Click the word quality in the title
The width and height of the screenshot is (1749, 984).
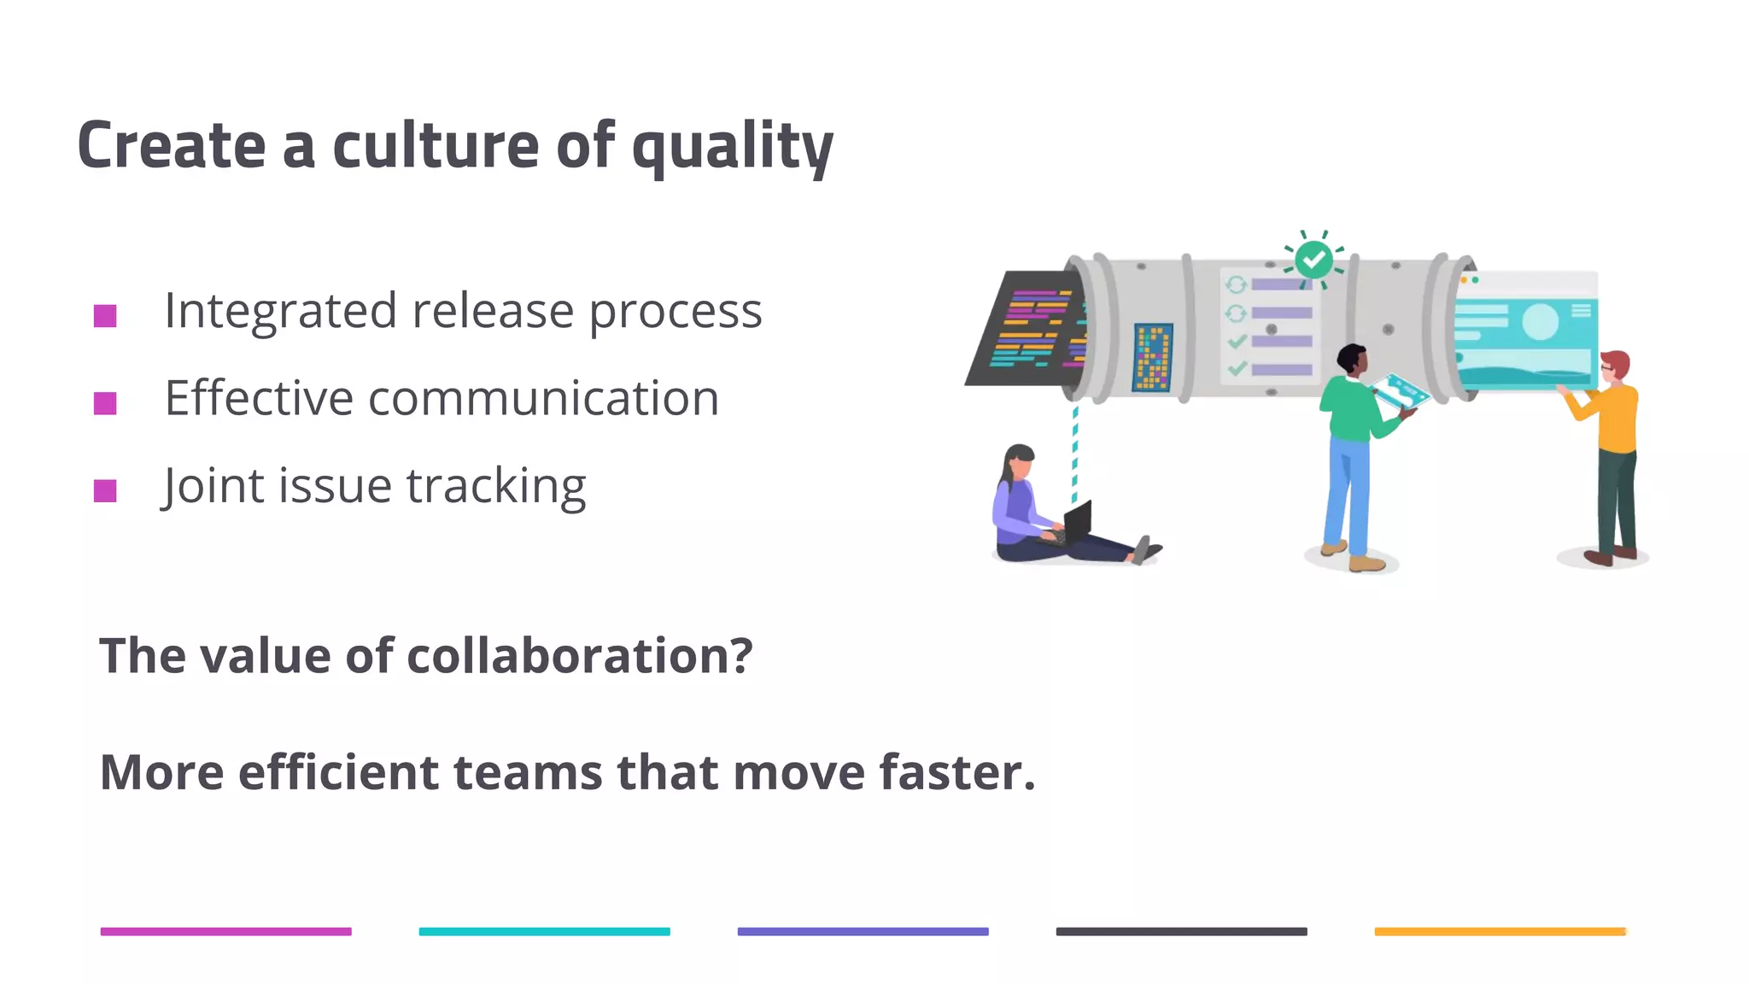[x=732, y=147]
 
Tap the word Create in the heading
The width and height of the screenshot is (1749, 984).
[x=171, y=145]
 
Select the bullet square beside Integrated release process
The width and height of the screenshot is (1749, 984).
[x=105, y=316]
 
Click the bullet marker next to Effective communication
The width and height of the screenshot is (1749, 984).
[x=105, y=403]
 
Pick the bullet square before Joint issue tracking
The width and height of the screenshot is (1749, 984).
[x=105, y=491]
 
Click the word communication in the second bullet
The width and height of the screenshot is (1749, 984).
[x=543, y=398]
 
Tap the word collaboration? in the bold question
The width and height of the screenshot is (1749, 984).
[x=579, y=656]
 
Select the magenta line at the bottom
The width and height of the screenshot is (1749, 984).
[x=225, y=932]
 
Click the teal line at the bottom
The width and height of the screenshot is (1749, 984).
[x=544, y=932]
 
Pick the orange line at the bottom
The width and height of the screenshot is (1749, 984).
[x=1500, y=932]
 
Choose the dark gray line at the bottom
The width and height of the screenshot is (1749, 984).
[x=1181, y=932]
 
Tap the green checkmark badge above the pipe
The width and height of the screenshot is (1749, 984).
[x=1313, y=259]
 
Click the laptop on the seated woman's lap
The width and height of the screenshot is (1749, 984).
[x=1076, y=522]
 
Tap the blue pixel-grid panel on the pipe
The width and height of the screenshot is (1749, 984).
[x=1152, y=357]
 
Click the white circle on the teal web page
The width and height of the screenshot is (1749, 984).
[x=1540, y=321]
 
